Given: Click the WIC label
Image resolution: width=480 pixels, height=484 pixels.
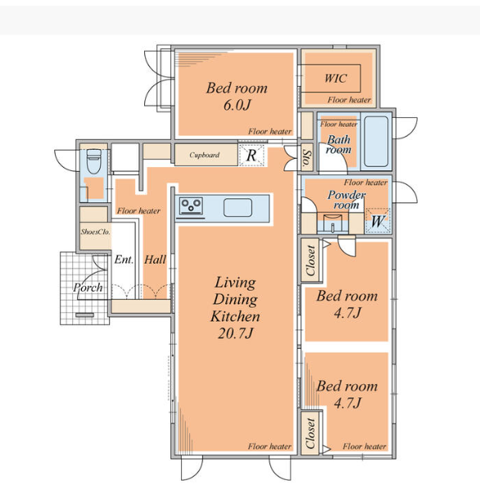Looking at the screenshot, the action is point(336,78).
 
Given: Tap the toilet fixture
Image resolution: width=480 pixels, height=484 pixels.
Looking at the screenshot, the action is point(93,161).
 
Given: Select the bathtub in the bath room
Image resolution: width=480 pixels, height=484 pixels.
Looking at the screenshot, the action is point(376,142).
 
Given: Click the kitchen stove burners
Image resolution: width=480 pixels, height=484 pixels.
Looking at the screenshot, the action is point(192,206).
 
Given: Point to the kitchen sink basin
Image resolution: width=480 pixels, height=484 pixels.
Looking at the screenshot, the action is point(238,207).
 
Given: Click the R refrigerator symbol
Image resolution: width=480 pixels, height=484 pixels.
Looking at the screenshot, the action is point(252,155).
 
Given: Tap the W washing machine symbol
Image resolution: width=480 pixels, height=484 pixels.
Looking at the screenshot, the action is point(378,221).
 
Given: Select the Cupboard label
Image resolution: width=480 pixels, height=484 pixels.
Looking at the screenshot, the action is point(204,155).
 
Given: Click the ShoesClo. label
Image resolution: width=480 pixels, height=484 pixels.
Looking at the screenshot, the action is point(95,232).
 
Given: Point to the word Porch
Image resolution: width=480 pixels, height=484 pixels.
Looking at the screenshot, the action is point(88,287).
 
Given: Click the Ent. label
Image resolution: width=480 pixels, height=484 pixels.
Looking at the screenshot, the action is point(124,260).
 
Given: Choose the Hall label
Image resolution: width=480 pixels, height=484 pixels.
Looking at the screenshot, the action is point(156,260).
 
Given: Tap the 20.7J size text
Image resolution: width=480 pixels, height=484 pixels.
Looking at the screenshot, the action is point(236,333).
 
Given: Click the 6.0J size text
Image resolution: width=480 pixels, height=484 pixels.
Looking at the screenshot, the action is point(237,106).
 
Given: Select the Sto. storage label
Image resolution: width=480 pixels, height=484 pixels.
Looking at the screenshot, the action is point(307,158).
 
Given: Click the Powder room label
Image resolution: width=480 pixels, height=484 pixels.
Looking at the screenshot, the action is point(346,200).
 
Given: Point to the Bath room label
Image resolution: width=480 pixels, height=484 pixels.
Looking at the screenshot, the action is point(338,144).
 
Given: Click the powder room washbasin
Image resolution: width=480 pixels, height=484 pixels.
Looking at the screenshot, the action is point(333,223).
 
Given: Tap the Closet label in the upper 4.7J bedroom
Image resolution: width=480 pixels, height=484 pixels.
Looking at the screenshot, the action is point(310,260).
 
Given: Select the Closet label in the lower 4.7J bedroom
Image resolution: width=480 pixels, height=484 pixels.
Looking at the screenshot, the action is point(310,433).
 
